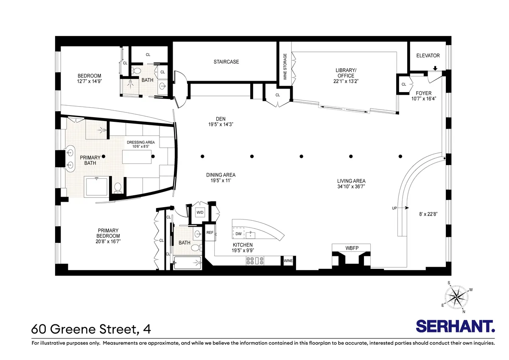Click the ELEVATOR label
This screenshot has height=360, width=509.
(428, 56)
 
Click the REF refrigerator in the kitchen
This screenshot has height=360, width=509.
(210, 233)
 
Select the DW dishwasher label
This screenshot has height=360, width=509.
(238, 234)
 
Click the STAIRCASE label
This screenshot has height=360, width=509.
(226, 62)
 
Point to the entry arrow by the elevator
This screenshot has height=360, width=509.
(435, 69)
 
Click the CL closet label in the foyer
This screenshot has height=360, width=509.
(404, 84)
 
